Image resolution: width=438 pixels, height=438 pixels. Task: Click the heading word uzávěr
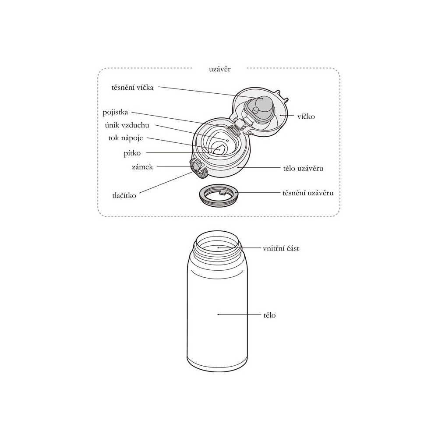[220, 69]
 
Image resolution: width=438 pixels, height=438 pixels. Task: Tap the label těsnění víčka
[132, 88]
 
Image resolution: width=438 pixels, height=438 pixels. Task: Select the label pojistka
[115, 113]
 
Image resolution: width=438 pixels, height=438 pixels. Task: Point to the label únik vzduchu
[127, 125]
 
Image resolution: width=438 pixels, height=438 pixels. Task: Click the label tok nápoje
[126, 138]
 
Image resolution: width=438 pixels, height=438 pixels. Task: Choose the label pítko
[132, 153]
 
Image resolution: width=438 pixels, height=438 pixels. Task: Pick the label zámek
[142, 167]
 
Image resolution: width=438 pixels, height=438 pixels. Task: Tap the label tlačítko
[124, 195]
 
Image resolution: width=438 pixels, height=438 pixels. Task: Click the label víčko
[306, 117]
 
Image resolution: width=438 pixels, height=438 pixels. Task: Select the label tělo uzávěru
[303, 169]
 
